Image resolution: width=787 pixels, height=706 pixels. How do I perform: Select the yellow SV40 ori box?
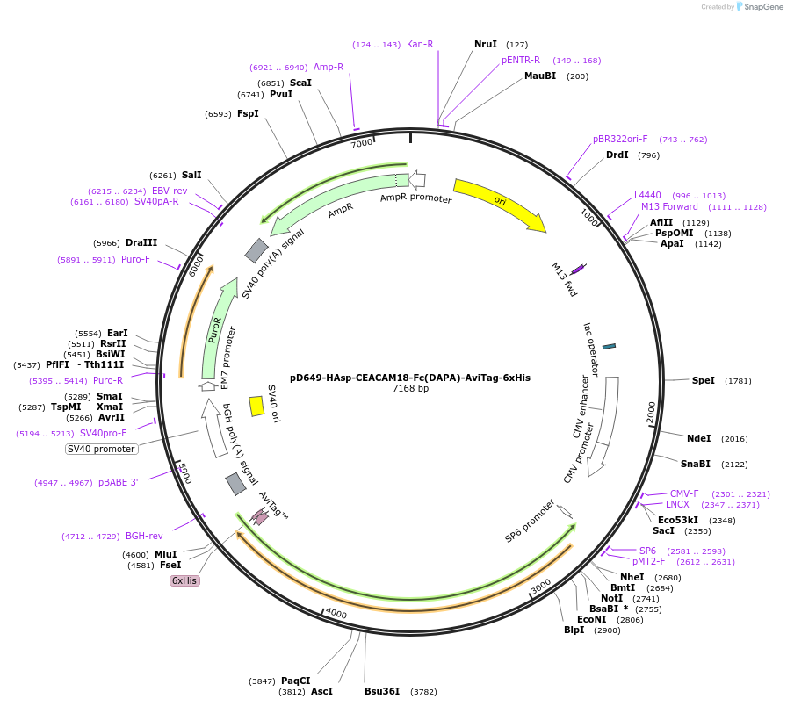coord(256,406)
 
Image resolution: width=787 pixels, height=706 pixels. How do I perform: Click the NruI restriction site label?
coord(486,44)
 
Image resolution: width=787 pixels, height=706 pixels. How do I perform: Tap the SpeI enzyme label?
coord(704,380)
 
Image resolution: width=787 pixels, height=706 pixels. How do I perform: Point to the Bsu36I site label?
coord(382,691)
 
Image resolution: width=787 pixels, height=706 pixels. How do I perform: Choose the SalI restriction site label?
coord(191,175)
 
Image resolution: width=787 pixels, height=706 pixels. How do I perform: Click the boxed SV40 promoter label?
coord(102,449)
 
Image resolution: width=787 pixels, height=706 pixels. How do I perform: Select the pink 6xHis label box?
coord(184,580)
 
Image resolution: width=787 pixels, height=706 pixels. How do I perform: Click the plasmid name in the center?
coord(410,378)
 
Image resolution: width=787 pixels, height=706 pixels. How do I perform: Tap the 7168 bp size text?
coord(410,389)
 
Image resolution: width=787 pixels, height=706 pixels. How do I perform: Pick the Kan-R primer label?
coord(420,44)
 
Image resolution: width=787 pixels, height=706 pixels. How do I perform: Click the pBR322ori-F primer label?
coord(620,139)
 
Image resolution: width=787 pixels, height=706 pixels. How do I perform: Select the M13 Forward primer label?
coord(669,207)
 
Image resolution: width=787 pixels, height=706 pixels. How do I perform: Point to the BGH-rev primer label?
coord(144,536)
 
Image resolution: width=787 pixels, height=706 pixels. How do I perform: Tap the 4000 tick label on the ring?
coord(336,614)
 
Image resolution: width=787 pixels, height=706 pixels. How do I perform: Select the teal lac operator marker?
coord(609,346)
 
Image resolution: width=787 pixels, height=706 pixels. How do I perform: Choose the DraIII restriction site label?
coord(141,242)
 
